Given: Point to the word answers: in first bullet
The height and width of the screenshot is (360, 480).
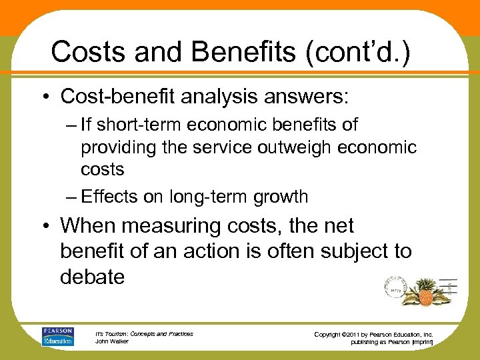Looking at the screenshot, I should [303, 97].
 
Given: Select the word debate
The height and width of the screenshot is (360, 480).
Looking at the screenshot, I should [93, 276].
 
